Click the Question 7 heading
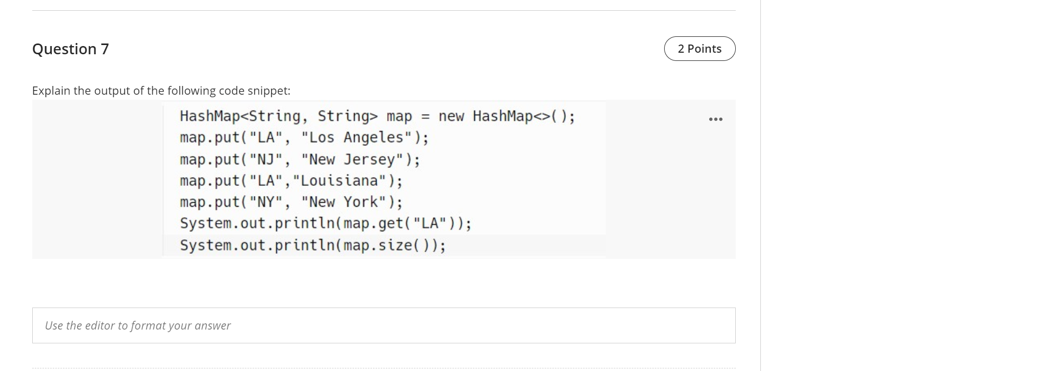71,49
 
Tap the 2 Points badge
699,49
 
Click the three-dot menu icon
715,119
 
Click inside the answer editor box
384,325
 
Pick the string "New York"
344,202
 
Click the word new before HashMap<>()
451,117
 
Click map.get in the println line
374,224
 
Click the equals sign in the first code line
425,117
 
